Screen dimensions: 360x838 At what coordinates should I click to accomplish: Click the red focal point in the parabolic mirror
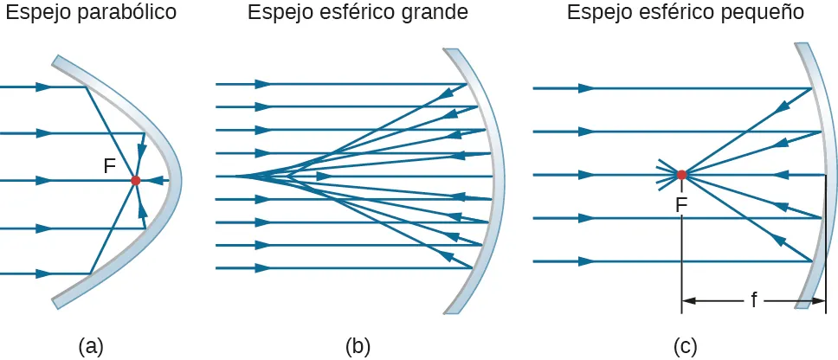135,180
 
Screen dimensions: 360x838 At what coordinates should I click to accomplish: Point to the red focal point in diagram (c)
682,175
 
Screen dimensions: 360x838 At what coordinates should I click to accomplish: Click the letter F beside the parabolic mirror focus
110,166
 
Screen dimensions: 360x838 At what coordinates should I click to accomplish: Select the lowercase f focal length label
754,300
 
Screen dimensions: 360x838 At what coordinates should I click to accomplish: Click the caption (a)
91,346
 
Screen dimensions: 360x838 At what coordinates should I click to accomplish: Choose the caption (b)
358,346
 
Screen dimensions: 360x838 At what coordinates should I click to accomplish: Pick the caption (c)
686,346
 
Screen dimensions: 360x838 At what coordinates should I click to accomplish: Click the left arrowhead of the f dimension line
689,301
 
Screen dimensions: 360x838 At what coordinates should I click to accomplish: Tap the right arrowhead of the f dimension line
818,301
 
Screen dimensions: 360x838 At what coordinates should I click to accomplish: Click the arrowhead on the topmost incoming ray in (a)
43,87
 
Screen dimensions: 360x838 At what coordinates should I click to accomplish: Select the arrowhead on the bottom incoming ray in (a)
43,274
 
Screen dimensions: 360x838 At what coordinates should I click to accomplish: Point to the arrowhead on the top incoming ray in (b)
262,84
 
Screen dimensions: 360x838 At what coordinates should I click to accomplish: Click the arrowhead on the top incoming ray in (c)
586,88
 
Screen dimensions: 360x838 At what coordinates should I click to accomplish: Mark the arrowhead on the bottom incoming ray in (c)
586,260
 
